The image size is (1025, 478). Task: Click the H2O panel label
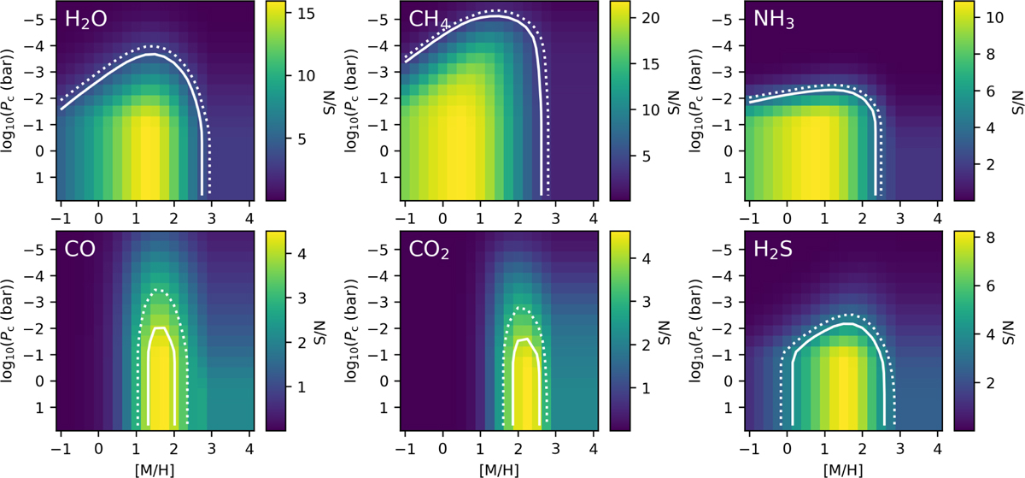pyautogui.click(x=86, y=20)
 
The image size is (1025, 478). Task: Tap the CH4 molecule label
pyautogui.click(x=429, y=20)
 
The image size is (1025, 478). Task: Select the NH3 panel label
pyautogui.click(x=774, y=20)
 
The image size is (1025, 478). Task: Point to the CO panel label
pyautogui.click(x=79, y=249)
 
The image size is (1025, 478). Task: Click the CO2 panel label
pyautogui.click(x=429, y=250)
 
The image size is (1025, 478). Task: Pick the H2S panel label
pyautogui.click(x=773, y=250)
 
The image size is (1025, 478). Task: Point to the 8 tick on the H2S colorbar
pyautogui.click(x=990, y=238)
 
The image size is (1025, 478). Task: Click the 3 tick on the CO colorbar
pyautogui.click(x=302, y=298)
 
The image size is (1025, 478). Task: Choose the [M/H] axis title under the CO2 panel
pyautogui.click(x=499, y=469)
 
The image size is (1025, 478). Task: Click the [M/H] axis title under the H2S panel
pyautogui.click(x=843, y=469)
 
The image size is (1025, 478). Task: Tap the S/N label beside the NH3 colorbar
pyautogui.click(x=1017, y=103)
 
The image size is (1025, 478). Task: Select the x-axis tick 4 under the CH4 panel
pyautogui.click(x=594, y=218)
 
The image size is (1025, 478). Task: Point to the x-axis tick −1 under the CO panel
pyautogui.click(x=61, y=448)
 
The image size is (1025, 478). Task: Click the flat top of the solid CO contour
pyautogui.click(x=160, y=328)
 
